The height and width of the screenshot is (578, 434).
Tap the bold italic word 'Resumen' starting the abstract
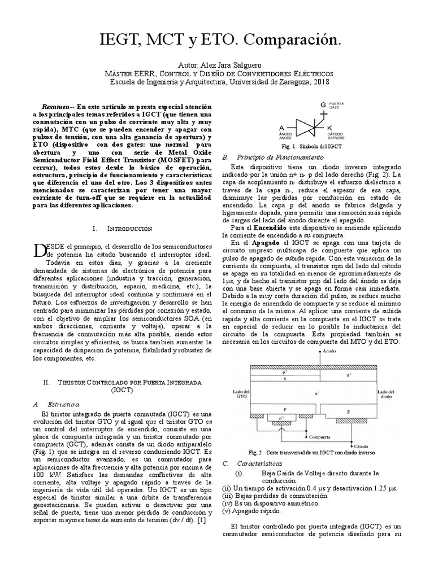[55, 107]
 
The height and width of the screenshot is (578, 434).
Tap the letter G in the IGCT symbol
[323, 105]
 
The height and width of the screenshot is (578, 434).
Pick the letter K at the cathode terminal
[330, 128]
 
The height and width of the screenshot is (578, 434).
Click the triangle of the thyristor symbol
[302, 128]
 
